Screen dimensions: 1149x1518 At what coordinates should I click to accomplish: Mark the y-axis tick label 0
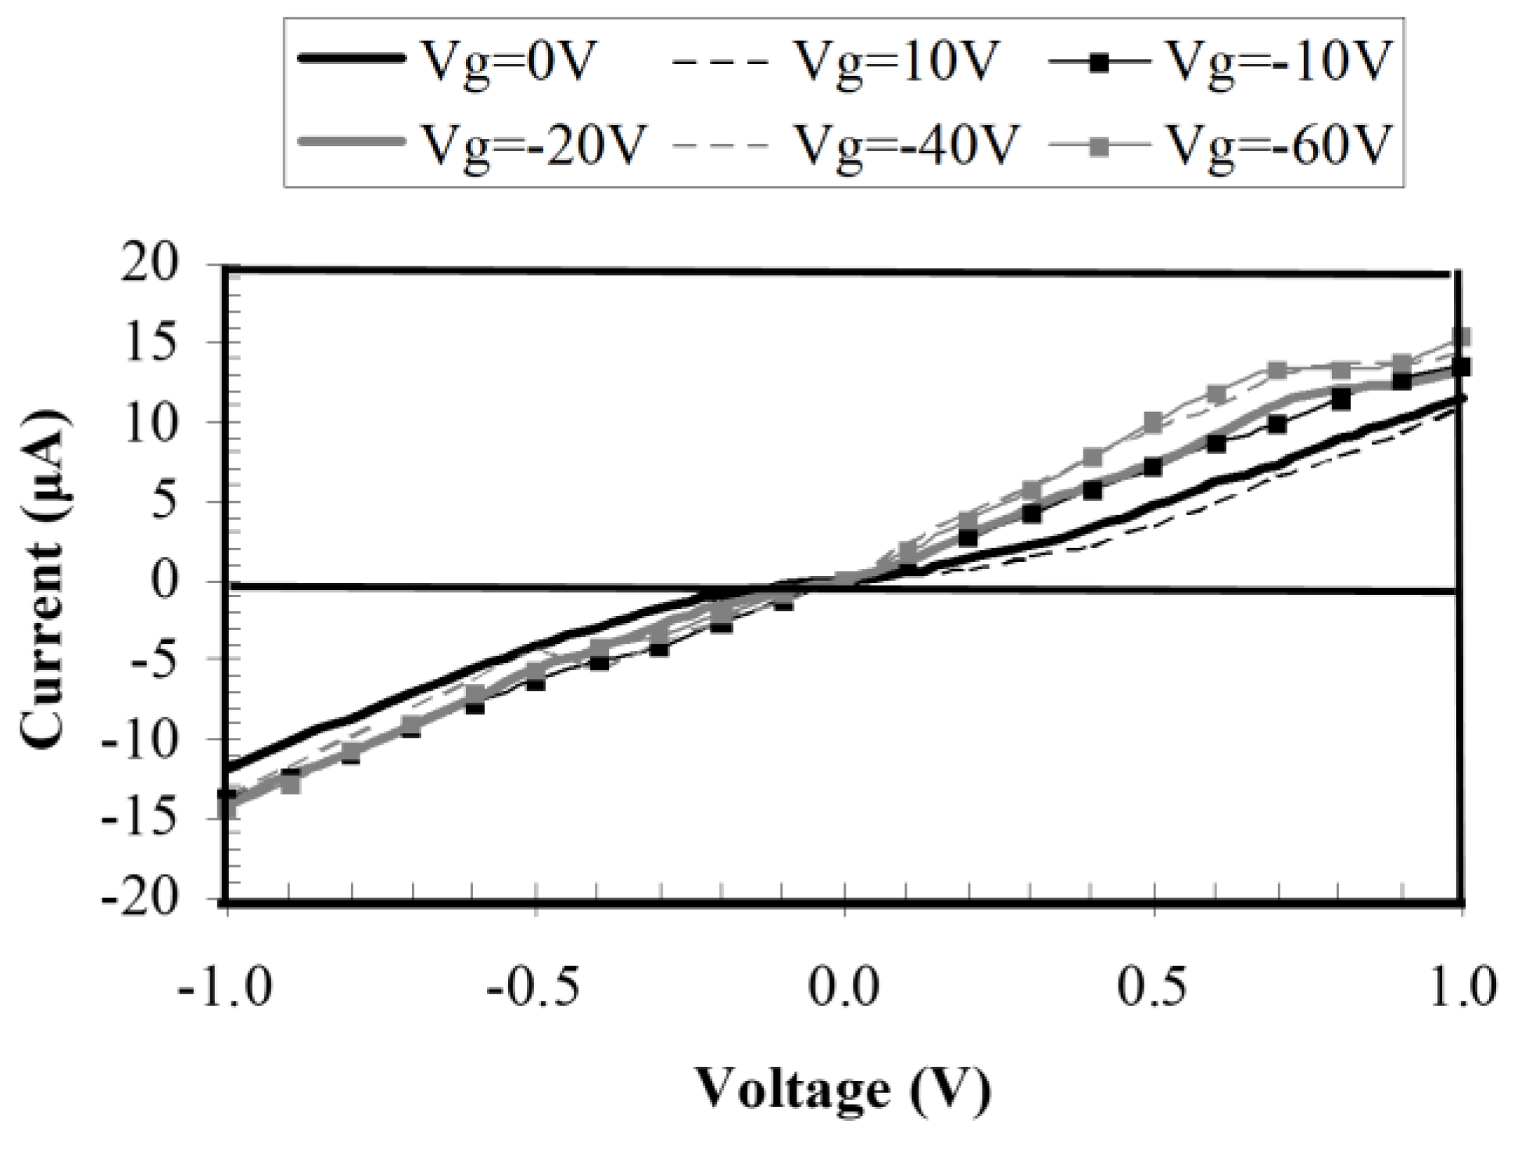[x=184, y=582]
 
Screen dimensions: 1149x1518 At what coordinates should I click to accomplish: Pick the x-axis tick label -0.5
[x=534, y=986]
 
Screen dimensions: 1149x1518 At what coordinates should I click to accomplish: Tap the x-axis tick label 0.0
[x=844, y=986]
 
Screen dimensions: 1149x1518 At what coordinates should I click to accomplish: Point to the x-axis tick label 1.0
[x=1460, y=986]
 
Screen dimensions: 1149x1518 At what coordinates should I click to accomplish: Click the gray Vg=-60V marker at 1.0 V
[x=1461, y=338]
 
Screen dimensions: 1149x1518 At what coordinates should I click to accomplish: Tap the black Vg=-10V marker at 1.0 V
[x=1461, y=367]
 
